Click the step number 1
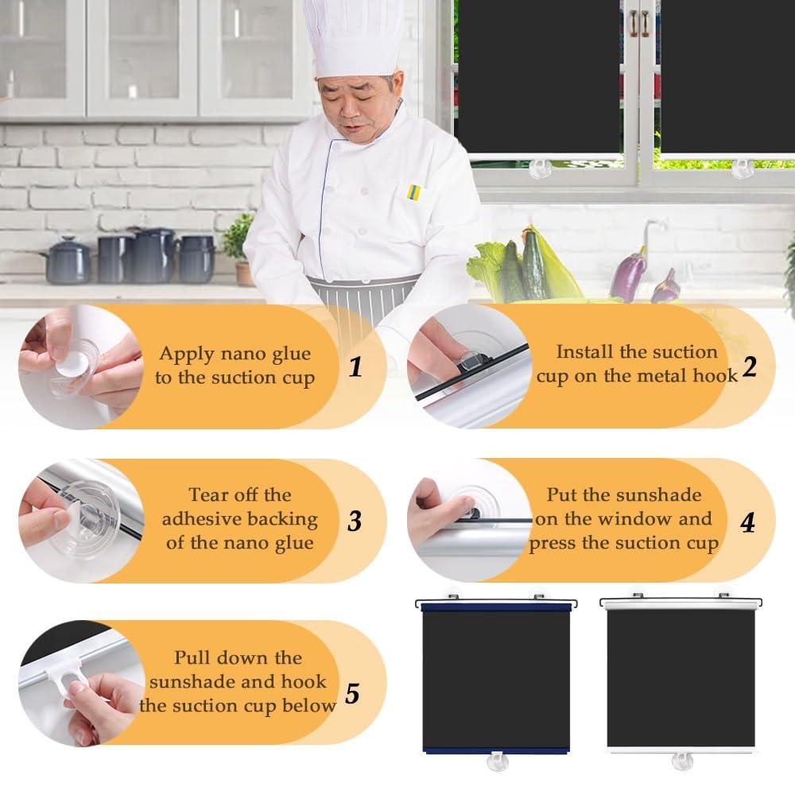[356, 366]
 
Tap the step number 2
[750, 366]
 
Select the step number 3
[355, 521]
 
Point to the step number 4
[748, 522]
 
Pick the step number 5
[352, 693]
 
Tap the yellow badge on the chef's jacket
[414, 192]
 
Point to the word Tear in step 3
[207, 494]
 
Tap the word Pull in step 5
[192, 657]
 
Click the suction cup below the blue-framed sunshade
[497, 761]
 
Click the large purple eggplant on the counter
[628, 277]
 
